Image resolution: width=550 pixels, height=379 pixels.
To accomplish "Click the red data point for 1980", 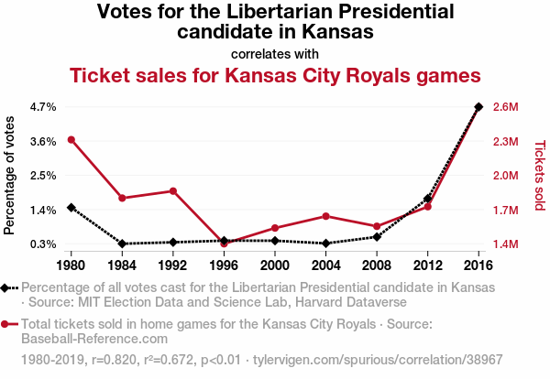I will pyautogui.click(x=71, y=139).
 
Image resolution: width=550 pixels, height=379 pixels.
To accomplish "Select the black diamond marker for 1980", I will pyautogui.click(x=71, y=208).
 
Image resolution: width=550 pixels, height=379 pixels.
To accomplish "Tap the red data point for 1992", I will pyautogui.click(x=172, y=190).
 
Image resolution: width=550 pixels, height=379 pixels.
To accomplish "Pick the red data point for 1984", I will pyautogui.click(x=122, y=198).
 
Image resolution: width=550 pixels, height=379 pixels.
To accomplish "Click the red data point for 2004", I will pyautogui.click(x=325, y=216).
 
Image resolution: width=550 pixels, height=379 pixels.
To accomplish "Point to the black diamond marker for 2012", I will pyautogui.click(x=427, y=198).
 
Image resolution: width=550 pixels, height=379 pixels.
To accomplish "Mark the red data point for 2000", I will pyautogui.click(x=275, y=228).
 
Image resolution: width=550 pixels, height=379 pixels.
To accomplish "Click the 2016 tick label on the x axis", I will pyautogui.click(x=478, y=265).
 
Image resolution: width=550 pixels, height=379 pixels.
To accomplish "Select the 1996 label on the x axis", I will pyautogui.click(x=224, y=265).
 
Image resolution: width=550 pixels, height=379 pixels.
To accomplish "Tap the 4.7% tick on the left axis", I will pyautogui.click(x=43, y=107).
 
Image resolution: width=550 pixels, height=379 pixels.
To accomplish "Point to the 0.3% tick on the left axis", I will pyautogui.click(x=43, y=244).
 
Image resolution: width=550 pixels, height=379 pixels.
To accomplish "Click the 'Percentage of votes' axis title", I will pyautogui.click(x=10, y=175).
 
